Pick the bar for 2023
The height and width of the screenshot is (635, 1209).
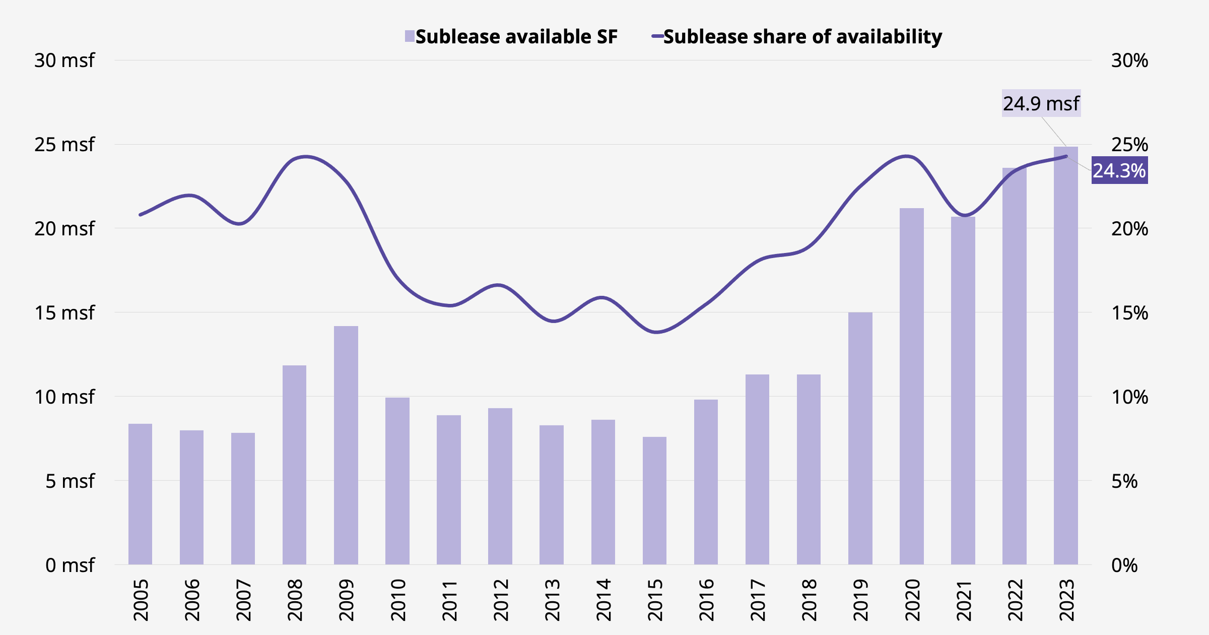pos(1066,355)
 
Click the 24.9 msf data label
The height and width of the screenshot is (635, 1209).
pos(1041,103)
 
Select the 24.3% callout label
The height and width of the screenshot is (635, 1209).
pos(1119,171)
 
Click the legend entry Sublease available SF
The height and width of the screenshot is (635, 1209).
pos(511,37)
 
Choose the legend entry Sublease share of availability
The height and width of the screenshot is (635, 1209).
pos(797,37)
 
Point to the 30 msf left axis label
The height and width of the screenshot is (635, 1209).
pos(64,60)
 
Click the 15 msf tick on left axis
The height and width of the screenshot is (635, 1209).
pos(64,313)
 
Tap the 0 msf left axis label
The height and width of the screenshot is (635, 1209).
pos(70,565)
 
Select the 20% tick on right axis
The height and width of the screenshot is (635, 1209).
pos(1129,229)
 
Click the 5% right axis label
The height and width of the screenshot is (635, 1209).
pos(1124,481)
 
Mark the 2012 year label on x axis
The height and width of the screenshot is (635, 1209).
pos(501,600)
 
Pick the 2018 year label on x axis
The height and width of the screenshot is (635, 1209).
pos(809,600)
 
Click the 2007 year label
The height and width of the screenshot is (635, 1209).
pos(243,600)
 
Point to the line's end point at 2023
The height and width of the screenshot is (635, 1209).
pos(1066,156)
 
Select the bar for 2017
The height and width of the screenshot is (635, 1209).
pos(757,469)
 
